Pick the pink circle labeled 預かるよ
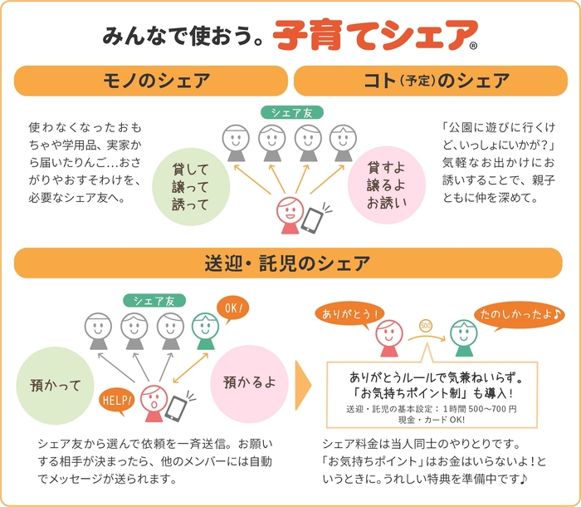tap(247, 382)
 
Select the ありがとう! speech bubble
tap(349, 315)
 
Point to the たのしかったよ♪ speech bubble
tap(505, 315)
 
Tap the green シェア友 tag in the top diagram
tap(292, 112)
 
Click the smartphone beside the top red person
tap(313, 219)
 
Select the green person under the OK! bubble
tap(204, 332)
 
